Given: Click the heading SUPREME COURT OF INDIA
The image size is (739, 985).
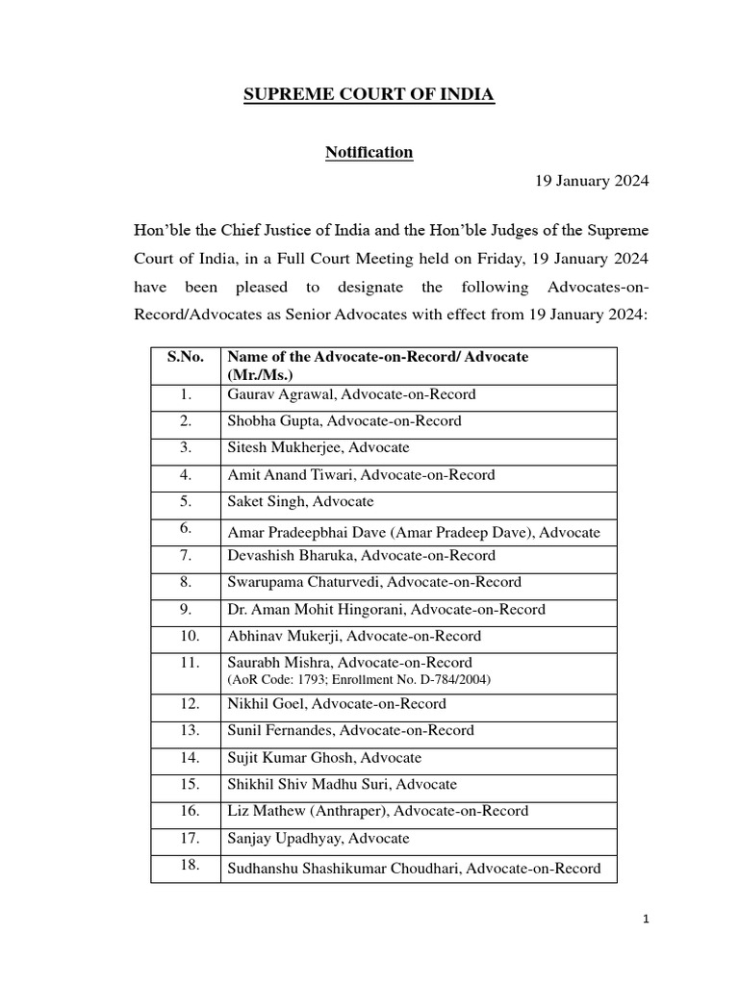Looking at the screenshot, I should (369, 94).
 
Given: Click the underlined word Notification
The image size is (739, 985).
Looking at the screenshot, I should (369, 152).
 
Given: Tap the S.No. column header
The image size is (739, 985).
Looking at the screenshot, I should (185, 357).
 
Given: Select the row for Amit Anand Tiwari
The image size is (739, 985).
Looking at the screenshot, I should (361, 475).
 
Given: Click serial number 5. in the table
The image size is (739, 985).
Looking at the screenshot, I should (185, 502).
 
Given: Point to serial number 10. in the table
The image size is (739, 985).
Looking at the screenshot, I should (185, 636).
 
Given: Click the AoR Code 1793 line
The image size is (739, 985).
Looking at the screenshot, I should (359, 679).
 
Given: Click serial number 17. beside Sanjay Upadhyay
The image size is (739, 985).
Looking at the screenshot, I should (185, 839).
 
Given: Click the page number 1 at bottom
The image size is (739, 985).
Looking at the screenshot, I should (647, 920).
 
